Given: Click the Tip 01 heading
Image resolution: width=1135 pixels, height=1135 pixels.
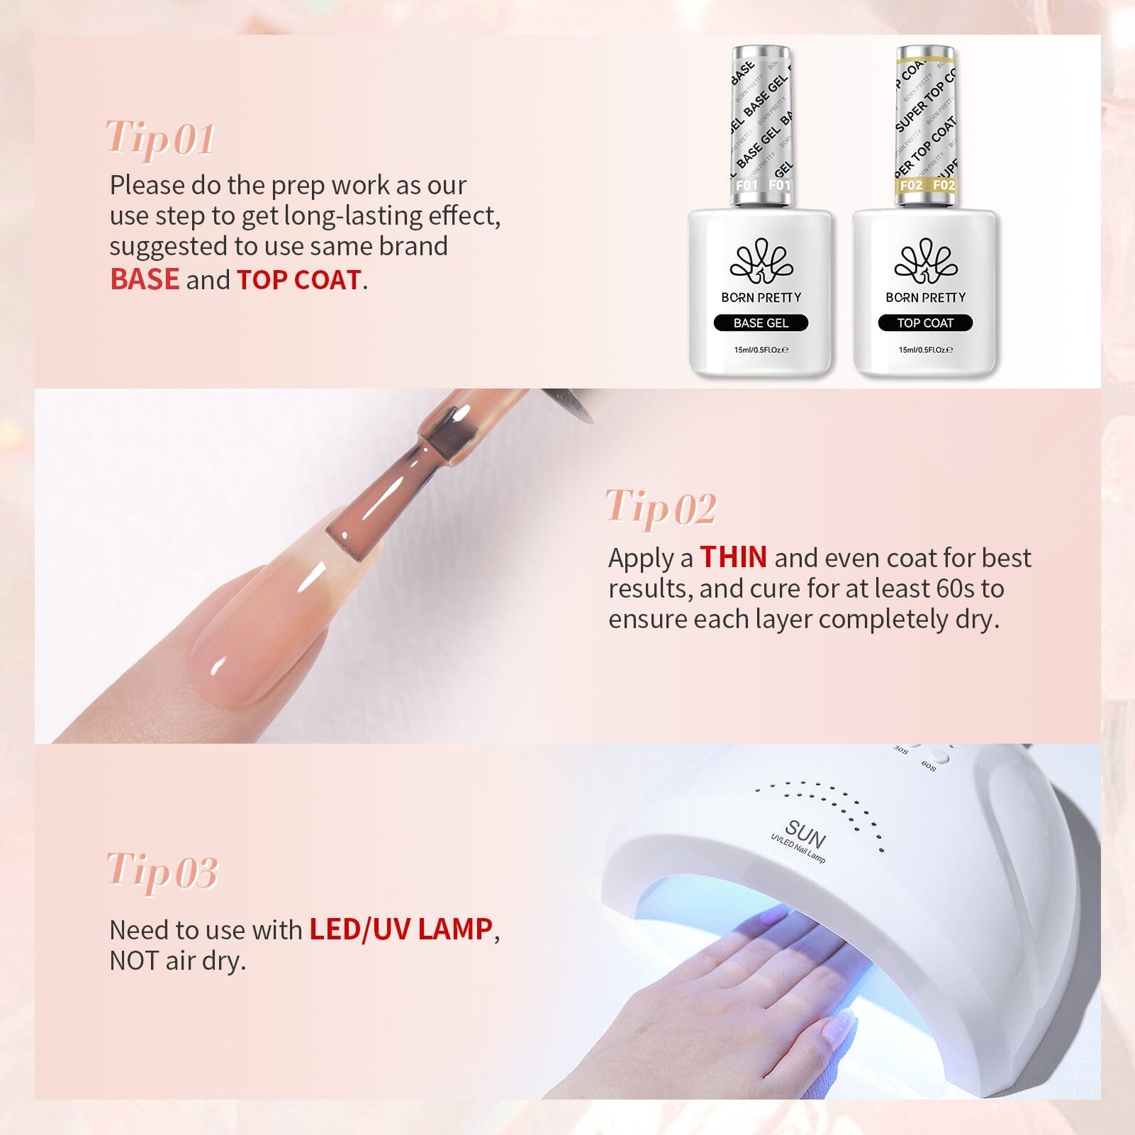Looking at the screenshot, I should tap(160, 139).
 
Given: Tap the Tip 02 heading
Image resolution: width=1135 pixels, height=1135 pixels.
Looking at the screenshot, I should tap(661, 508).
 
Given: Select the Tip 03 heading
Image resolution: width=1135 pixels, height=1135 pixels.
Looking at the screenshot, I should tap(162, 871).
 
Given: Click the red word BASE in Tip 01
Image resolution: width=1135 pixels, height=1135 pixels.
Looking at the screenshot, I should tap(145, 280).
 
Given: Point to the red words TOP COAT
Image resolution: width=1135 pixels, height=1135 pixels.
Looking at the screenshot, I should tap(298, 280).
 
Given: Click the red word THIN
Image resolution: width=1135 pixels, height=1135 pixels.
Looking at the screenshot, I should tap(733, 558).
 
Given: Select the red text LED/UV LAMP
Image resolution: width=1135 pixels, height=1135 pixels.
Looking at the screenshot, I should tap(401, 929).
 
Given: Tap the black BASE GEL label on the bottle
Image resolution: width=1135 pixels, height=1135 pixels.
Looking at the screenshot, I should tap(761, 323).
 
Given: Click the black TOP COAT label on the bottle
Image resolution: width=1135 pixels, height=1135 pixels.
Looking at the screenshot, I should tap(925, 323).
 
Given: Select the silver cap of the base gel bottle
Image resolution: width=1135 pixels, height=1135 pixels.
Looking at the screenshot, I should tap(761, 124).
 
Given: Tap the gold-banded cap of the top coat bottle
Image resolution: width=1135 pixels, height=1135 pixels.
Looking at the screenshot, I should tap(926, 124).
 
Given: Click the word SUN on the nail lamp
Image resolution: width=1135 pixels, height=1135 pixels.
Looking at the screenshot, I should tap(805, 835).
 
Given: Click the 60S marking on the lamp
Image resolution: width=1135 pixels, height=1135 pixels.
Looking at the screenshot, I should tap(928, 766).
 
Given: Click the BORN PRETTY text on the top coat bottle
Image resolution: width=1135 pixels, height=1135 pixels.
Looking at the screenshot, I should tap(926, 298).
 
